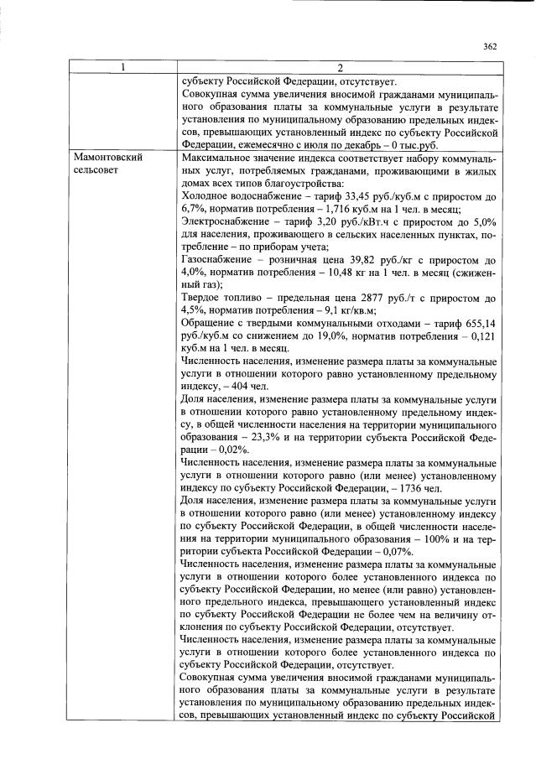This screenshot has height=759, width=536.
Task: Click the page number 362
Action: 490,47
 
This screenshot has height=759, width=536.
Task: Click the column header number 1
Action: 123,67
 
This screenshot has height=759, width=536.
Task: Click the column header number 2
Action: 339,67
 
